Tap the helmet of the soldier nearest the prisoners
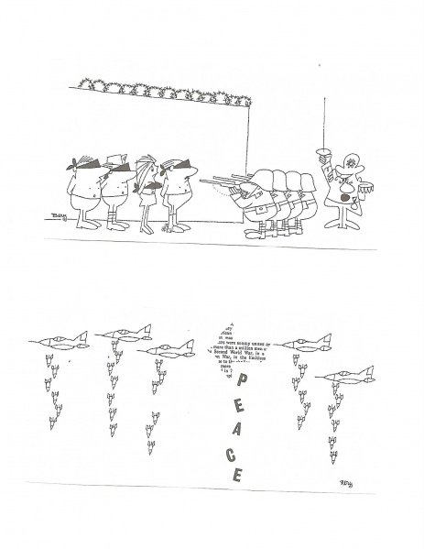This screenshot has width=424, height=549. point(262,179)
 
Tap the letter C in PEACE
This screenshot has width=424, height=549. point(234,455)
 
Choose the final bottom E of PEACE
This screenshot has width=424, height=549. point(237,475)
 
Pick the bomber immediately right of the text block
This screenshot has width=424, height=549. point(307,345)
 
